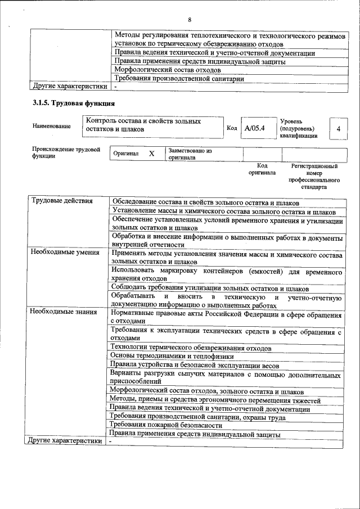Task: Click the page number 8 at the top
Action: coord(190,20)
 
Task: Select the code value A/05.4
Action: coord(254,128)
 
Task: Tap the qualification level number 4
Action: coord(338,129)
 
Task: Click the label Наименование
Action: coord(52,126)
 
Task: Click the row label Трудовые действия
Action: coord(54,201)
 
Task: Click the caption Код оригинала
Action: coord(262,169)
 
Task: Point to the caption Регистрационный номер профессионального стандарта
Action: coord(313,177)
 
